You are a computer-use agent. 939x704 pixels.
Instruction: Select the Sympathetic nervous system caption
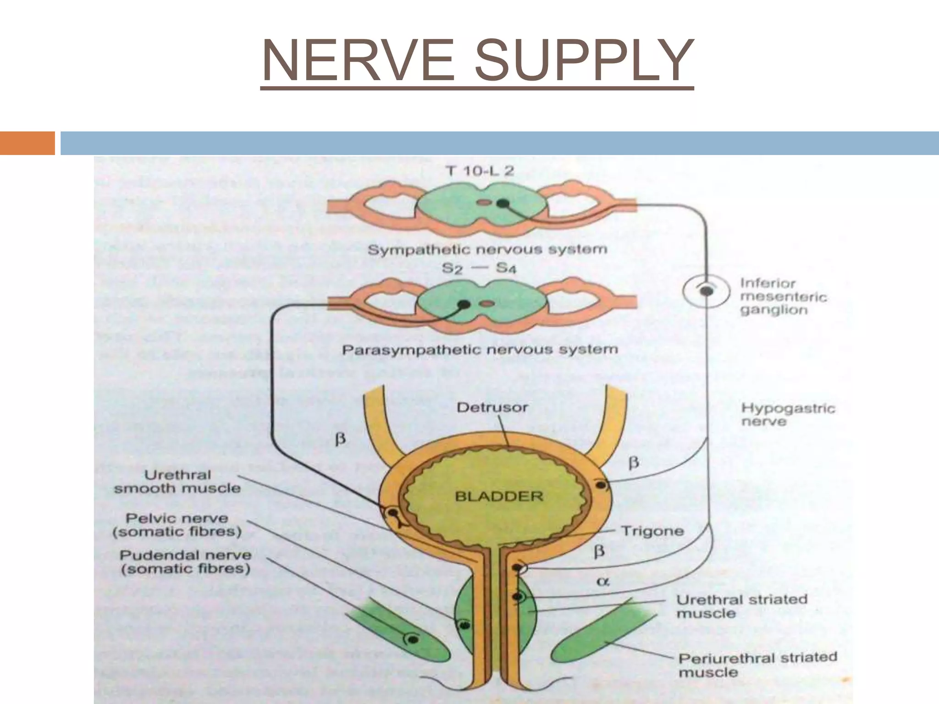coord(487,250)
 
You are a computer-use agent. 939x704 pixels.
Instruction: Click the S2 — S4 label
coord(479,268)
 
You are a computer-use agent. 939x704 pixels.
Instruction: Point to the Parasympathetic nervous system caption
coord(480,350)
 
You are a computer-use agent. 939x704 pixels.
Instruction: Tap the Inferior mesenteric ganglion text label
coord(783,297)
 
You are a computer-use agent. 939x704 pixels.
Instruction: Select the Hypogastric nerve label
coord(788,414)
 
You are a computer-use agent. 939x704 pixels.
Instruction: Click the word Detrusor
coord(492,407)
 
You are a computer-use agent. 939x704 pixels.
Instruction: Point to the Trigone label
coord(652,531)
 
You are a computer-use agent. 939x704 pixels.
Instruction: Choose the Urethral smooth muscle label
coord(177,482)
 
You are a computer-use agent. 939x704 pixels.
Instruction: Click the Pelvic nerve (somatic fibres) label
coord(177,525)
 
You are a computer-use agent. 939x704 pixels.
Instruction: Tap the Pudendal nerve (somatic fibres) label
coord(185,562)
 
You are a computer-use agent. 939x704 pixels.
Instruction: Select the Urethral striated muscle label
coord(741,606)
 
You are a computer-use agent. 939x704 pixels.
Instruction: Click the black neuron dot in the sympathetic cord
coord(503,203)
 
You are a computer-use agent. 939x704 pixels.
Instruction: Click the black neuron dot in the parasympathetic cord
coord(464,304)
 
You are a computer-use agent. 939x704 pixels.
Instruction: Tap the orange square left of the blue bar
coord(27,143)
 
